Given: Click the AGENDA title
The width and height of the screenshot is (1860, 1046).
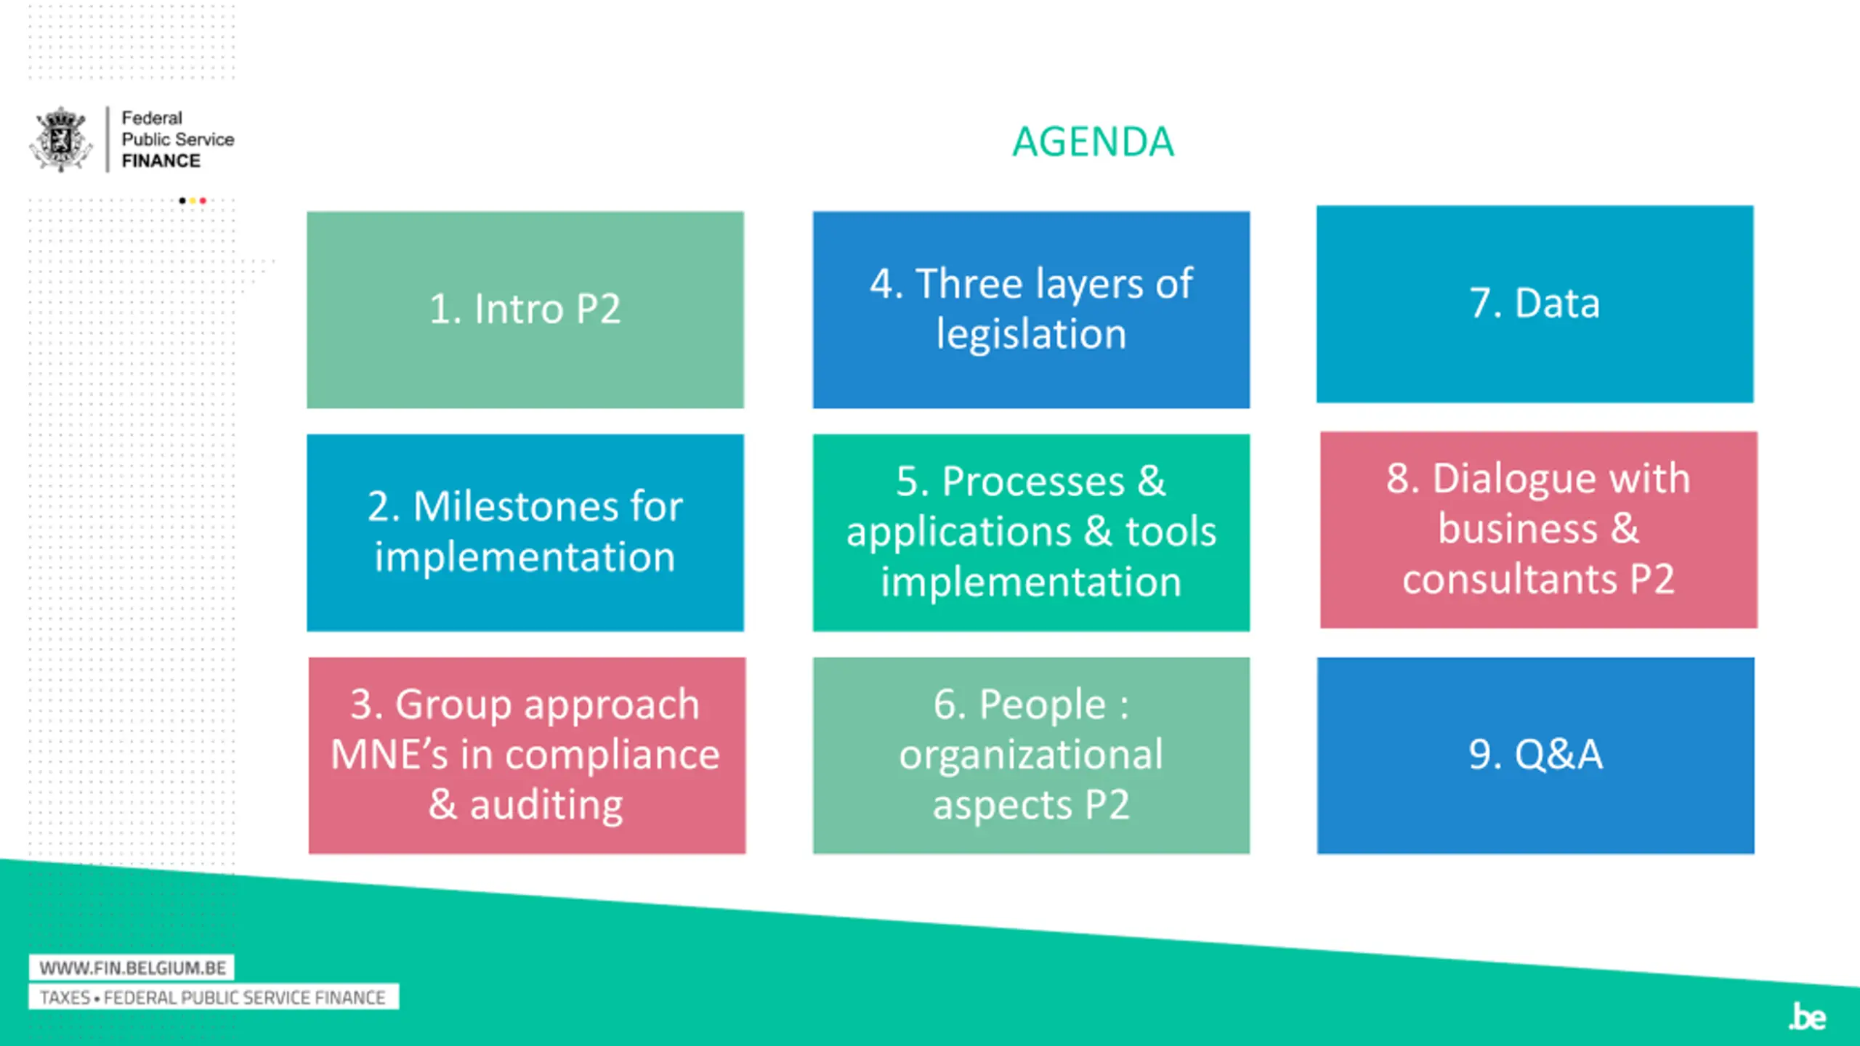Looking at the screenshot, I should pyautogui.click(x=1093, y=142).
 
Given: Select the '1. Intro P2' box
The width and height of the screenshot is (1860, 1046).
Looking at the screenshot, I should pyautogui.click(x=525, y=309).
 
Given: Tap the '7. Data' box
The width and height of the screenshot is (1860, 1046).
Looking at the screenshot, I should pyautogui.click(x=1534, y=304).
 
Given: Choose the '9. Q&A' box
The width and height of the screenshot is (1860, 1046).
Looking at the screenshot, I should pyautogui.click(x=1535, y=755).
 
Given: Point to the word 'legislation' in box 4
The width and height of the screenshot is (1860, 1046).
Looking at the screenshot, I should pyautogui.click(x=1031, y=335).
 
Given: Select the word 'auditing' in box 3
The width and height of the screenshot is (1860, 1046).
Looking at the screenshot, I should pyautogui.click(x=546, y=805).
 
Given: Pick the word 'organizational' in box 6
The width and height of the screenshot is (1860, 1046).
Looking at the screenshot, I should pyautogui.click(x=1031, y=755).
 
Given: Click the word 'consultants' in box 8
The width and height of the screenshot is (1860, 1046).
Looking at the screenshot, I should pyautogui.click(x=1509, y=580).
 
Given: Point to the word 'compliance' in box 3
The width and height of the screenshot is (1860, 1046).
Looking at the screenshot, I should pyautogui.click(x=612, y=755).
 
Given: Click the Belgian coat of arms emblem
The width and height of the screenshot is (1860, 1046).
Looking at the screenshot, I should pyautogui.click(x=61, y=139).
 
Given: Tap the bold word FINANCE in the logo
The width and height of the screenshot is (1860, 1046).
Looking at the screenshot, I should pyautogui.click(x=161, y=161).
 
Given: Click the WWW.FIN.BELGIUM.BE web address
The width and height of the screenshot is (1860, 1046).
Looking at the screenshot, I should pyautogui.click(x=132, y=968).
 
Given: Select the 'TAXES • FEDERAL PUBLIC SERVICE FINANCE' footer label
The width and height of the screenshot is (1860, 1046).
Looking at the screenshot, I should pyautogui.click(x=213, y=997).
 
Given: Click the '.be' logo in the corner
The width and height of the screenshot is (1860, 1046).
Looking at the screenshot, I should pyautogui.click(x=1807, y=1016).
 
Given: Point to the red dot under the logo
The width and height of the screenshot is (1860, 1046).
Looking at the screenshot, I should pyautogui.click(x=203, y=200).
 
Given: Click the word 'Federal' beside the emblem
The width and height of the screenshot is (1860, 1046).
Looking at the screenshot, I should pyautogui.click(x=152, y=118).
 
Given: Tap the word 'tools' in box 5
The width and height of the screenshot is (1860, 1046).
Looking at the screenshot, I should pyautogui.click(x=1170, y=532).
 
